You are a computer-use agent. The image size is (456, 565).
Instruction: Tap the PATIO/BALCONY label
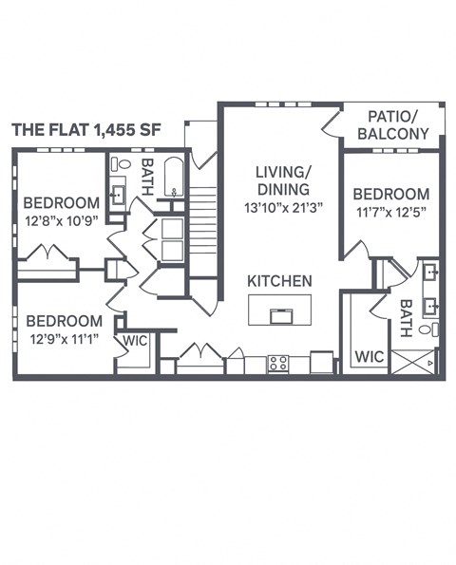click(x=392, y=125)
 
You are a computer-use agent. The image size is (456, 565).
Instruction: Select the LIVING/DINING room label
click(x=282, y=179)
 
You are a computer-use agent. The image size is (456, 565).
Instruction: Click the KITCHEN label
click(x=279, y=281)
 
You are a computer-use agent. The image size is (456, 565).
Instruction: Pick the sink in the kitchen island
click(x=279, y=316)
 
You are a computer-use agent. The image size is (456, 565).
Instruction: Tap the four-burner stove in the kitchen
click(x=277, y=363)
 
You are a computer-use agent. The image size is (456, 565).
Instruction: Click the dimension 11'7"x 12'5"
click(x=392, y=212)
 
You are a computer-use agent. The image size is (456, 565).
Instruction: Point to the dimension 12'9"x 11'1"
click(x=64, y=339)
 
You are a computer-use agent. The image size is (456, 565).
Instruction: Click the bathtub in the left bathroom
click(x=173, y=178)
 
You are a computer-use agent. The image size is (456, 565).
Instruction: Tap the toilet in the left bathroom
click(x=121, y=165)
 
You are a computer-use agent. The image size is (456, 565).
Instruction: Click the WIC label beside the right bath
click(x=369, y=358)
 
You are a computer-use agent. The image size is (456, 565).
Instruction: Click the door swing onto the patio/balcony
click(x=330, y=123)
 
